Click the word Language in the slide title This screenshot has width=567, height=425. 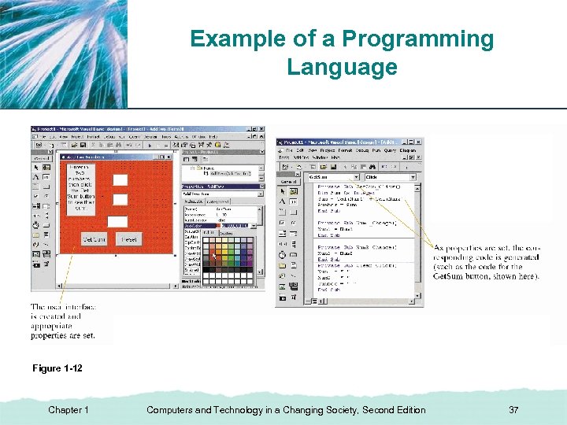pyautogui.click(x=342, y=67)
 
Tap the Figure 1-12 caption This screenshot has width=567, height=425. pyautogui.click(x=57, y=368)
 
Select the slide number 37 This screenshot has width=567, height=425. pyautogui.click(x=513, y=410)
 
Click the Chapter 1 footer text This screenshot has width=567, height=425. pyautogui.click(x=69, y=410)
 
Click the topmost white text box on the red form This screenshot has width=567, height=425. pyautogui.click(x=120, y=179)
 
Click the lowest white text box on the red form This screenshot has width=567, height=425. pyautogui.click(x=117, y=221)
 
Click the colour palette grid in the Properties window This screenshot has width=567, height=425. pyautogui.click(x=228, y=257)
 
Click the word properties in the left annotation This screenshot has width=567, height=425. pyautogui.click(x=51, y=335)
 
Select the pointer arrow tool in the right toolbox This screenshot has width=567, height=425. pyautogui.click(x=283, y=190)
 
